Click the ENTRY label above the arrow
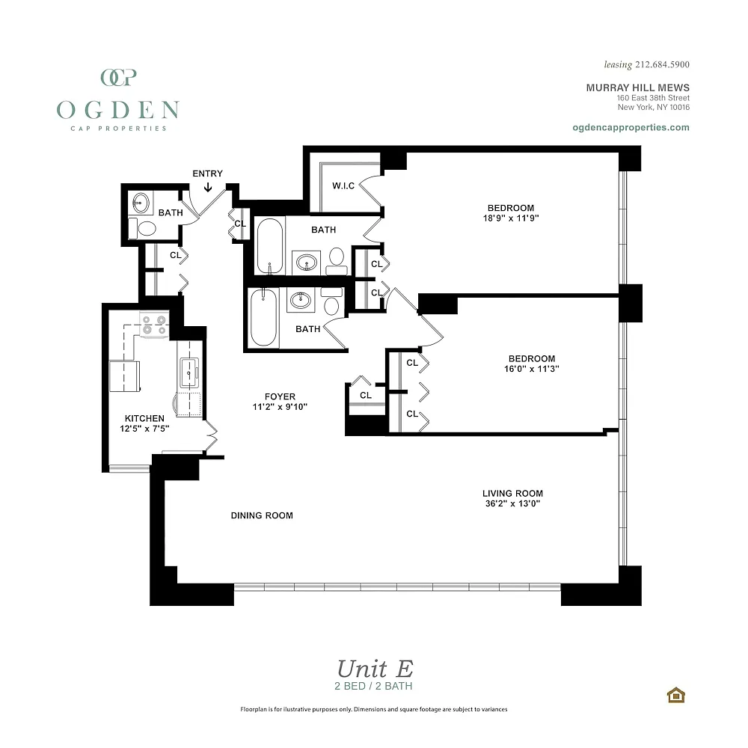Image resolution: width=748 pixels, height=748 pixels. [207, 174]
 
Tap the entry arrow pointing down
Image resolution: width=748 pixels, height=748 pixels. [208, 188]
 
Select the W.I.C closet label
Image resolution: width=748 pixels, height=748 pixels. [343, 186]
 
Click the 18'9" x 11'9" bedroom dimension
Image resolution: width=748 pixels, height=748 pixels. [511, 218]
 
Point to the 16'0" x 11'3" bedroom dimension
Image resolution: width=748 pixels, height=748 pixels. [532, 369]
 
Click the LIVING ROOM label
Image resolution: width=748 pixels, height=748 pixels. [513, 493]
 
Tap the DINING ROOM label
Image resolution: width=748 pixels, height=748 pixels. [262, 515]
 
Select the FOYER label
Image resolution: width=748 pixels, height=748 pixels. [280, 396]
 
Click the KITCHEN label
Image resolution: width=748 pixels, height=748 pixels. [144, 418]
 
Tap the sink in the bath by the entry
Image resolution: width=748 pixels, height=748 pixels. [141, 203]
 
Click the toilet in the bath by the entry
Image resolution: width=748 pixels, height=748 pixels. [143, 228]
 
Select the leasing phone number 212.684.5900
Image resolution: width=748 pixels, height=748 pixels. [662, 64]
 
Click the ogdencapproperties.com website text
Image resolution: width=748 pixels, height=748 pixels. [631, 127]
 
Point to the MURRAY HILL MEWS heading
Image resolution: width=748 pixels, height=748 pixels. [638, 88]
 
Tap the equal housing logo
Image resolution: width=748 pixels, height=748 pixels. [676, 695]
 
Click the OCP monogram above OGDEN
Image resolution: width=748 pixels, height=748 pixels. [119, 77]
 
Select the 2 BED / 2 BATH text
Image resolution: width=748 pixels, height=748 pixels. [373, 686]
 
